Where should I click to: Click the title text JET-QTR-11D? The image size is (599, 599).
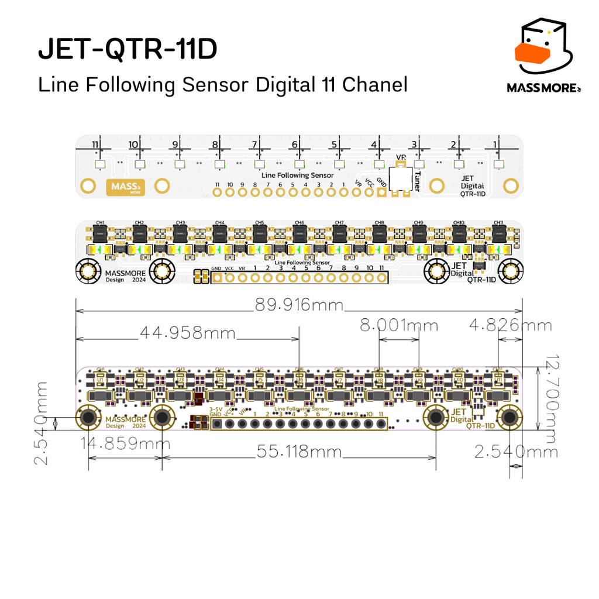coord(128,51)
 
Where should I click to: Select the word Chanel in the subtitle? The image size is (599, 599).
coord(374,85)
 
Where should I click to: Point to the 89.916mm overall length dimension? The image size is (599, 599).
coord(299,305)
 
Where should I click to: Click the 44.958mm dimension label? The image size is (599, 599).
coord(187,333)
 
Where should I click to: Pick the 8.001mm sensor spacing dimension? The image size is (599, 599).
coord(398,325)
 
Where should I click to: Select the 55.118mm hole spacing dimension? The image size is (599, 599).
coord(299,452)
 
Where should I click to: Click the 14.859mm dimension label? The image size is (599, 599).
coord(125,444)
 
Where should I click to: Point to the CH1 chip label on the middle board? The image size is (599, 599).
coord(100,223)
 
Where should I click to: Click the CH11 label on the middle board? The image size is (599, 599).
coord(498,223)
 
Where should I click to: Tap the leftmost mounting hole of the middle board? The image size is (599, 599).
coord(88,271)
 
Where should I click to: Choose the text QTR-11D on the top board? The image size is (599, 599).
coord(472,194)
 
